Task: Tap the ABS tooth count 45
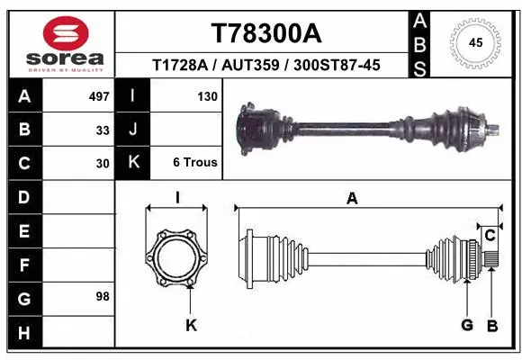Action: point(477,41)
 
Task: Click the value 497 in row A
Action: point(99,96)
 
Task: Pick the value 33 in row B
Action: point(103,130)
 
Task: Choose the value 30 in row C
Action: point(103,164)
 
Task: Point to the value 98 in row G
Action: point(103,296)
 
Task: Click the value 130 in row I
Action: point(207,96)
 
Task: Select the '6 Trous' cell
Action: point(195,163)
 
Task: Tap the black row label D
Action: point(23,196)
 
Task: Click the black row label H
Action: point(23,333)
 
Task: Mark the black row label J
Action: point(133,130)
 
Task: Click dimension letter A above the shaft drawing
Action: point(352,199)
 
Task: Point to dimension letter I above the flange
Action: point(177,199)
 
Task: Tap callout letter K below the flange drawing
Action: point(191,325)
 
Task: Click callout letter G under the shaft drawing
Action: point(467,325)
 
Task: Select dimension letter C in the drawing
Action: point(490,236)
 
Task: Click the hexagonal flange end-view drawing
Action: point(177,258)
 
